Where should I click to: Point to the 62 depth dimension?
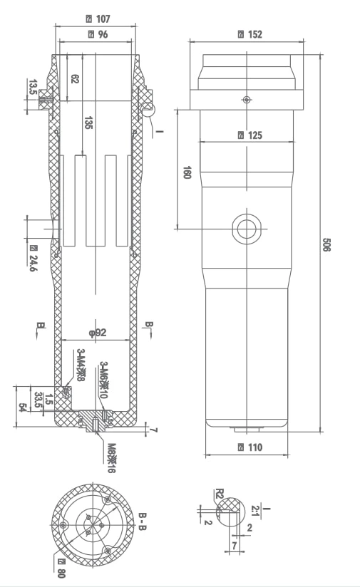click(75, 79)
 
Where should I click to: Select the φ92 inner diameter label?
click(97, 332)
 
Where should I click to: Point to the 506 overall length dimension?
click(326, 246)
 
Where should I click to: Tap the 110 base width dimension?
click(250, 447)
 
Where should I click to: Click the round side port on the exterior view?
click(247, 229)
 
